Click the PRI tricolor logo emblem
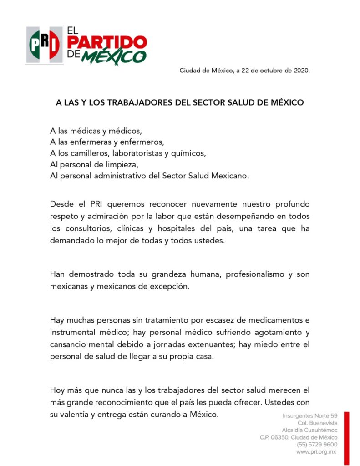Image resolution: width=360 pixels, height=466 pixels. (44, 45)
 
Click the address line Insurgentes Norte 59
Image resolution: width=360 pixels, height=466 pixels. (310, 416)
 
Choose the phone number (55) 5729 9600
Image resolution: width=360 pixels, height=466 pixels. (317, 444)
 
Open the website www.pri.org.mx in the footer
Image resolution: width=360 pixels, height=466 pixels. (316, 451)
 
